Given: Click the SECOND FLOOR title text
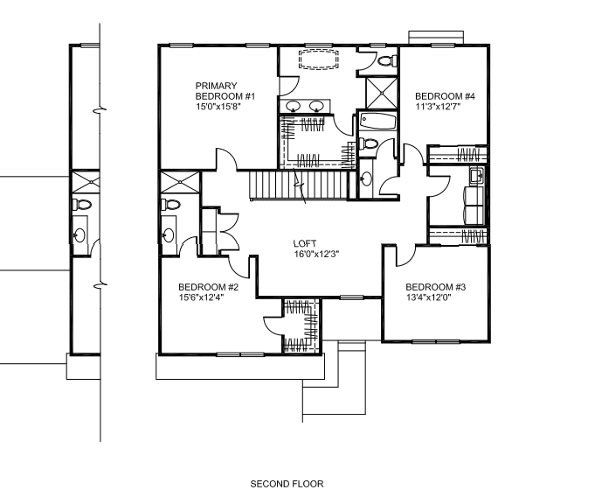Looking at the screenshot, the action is click(287, 484).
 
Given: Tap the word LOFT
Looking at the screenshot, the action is click(305, 243).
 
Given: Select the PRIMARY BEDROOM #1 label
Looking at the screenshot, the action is click(225, 91).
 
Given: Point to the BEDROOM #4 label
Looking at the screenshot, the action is click(445, 96).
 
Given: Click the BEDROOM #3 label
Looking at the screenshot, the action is click(436, 287).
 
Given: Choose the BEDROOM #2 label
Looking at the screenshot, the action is click(208, 287).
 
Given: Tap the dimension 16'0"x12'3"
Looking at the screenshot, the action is click(316, 254).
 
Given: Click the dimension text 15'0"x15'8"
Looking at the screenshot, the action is click(218, 107).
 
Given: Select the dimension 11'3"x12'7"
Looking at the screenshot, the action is click(438, 107).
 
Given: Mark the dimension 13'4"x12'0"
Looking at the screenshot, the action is click(429, 297).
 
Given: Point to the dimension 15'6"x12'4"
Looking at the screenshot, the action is click(202, 297).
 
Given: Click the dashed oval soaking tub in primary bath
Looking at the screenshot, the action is click(318, 59).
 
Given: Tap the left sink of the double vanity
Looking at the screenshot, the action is click(293, 106).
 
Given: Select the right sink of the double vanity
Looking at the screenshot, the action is click(316, 106).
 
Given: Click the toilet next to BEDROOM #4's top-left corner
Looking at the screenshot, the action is click(388, 61).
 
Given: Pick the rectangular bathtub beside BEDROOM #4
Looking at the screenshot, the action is click(378, 122).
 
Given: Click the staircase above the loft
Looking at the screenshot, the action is click(299, 185).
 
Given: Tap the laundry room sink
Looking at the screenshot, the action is click(476, 176).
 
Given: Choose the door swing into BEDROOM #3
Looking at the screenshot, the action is click(406, 256).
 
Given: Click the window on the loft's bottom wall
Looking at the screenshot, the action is click(351, 297).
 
